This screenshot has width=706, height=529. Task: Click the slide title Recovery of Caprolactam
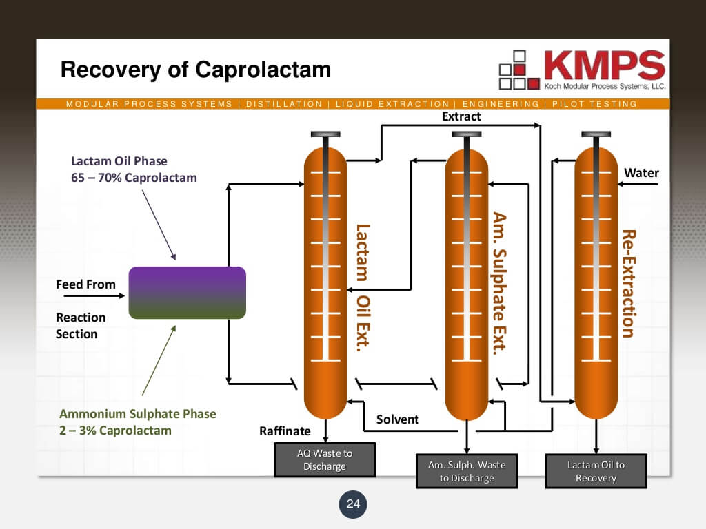pyautogui.click(x=195, y=70)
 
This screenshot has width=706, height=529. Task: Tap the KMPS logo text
pyautogui.click(x=603, y=65)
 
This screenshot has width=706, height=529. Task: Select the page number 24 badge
pyautogui.click(x=353, y=504)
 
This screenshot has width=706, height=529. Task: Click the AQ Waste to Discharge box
pyautogui.click(x=324, y=459)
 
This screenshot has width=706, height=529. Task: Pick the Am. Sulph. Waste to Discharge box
pyautogui.click(x=466, y=471)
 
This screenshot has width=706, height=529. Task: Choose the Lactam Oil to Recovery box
pyautogui.click(x=596, y=471)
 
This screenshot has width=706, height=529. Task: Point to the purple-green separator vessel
pyautogui.click(x=187, y=293)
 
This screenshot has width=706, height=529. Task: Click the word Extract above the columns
pyautogui.click(x=461, y=116)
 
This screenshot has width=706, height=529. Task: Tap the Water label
pyautogui.click(x=641, y=173)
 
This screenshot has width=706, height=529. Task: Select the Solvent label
pyautogui.click(x=397, y=419)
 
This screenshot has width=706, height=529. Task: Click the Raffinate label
pyautogui.click(x=285, y=432)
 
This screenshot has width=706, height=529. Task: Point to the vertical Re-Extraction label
pyautogui.click(x=627, y=283)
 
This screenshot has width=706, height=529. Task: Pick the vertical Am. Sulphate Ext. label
pyautogui.click(x=500, y=282)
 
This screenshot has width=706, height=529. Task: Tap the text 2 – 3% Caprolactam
pyautogui.click(x=115, y=431)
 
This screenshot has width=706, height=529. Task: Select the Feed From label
pyautogui.click(x=85, y=284)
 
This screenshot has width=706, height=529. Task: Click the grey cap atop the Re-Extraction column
pyautogui.click(x=596, y=134)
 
